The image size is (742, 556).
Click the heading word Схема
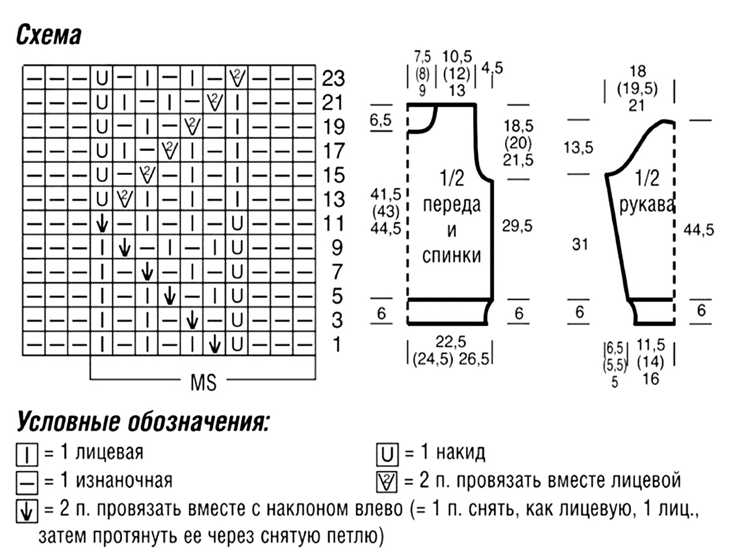click(x=49, y=35)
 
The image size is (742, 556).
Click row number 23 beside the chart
click(x=333, y=78)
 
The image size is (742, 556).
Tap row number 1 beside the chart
click(x=337, y=344)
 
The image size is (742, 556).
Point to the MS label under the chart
click(x=203, y=383)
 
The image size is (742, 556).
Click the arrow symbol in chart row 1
click(x=215, y=345)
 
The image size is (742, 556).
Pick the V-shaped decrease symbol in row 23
click(x=237, y=78)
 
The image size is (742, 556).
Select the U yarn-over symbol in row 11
click(x=237, y=223)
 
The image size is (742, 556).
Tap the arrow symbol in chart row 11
click(x=102, y=224)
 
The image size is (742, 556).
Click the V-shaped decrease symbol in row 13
click(x=124, y=199)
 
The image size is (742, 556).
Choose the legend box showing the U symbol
click(x=388, y=455)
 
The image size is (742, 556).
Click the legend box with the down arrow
click(x=27, y=512)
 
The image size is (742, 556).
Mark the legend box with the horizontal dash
click(x=27, y=483)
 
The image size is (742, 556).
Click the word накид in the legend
click(x=461, y=453)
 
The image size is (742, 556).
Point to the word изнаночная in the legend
click(x=124, y=481)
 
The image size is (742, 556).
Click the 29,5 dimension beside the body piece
click(x=517, y=226)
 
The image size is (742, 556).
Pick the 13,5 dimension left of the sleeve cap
click(x=578, y=148)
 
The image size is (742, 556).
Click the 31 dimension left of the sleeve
click(x=580, y=244)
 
